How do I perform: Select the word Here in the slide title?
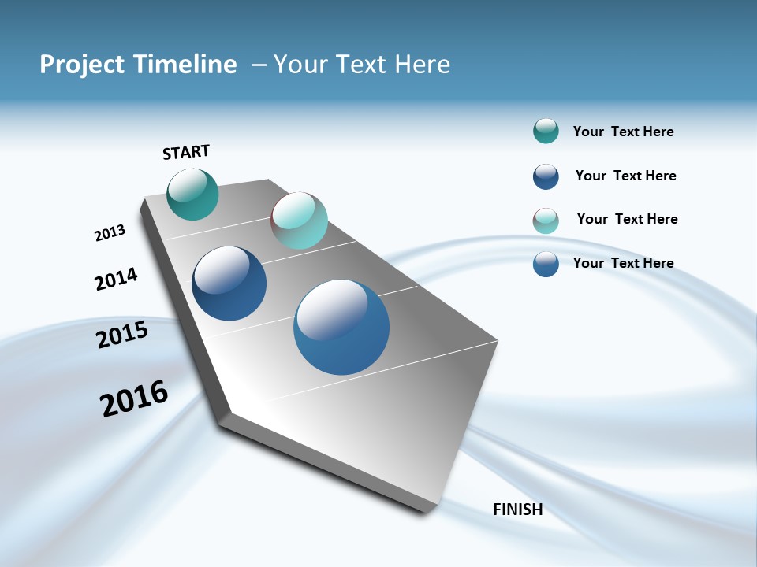(422, 65)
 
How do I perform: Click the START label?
(186, 152)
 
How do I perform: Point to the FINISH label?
(517, 510)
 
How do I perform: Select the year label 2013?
(110, 233)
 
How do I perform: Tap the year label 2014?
(116, 279)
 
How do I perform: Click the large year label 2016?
(134, 398)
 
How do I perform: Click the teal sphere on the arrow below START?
(192, 194)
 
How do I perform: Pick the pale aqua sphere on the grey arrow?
(299, 220)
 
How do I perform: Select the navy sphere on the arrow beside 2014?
(229, 283)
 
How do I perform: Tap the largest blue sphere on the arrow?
(341, 327)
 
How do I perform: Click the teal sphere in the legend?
(546, 132)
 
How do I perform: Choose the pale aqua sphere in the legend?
(546, 220)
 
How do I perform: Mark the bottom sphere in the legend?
(546, 264)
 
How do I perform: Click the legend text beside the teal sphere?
(623, 132)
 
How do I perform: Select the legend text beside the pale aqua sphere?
(627, 219)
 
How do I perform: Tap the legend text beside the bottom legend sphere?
(623, 263)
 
